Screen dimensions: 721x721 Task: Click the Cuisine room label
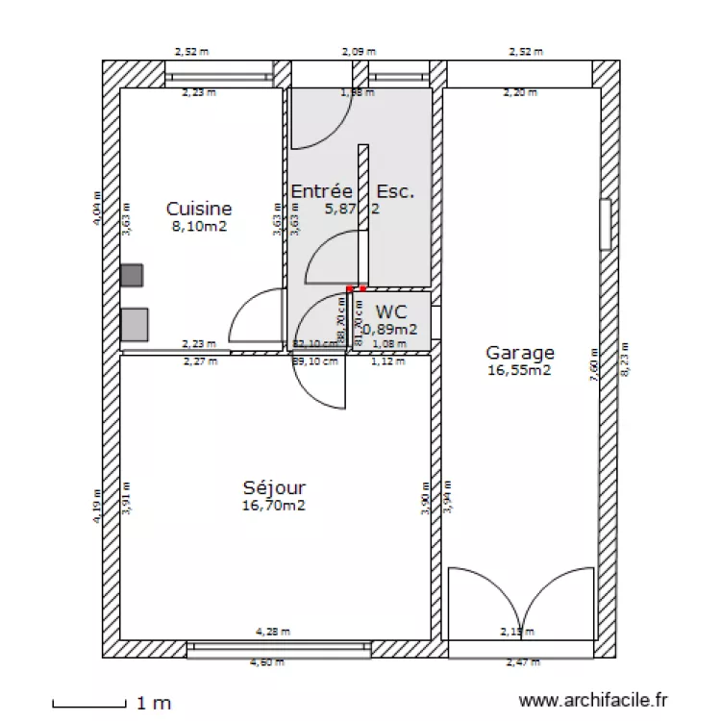point(199,208)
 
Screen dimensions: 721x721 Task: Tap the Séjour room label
point(275,487)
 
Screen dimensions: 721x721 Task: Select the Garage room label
point(519,353)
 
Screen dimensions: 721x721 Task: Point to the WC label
point(391,311)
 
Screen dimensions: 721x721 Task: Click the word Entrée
point(322,192)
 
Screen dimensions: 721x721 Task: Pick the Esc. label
point(396,192)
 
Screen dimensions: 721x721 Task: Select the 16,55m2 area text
point(519,369)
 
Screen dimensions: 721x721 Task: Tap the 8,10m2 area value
point(199,226)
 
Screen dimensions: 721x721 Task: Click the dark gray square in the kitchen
point(132,275)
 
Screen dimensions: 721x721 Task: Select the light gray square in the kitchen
point(135,324)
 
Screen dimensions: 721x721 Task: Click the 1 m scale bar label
point(155,704)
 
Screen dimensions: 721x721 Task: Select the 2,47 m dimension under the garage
point(524,662)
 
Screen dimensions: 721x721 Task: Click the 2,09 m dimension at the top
point(359,52)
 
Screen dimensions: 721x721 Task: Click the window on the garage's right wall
point(606,225)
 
